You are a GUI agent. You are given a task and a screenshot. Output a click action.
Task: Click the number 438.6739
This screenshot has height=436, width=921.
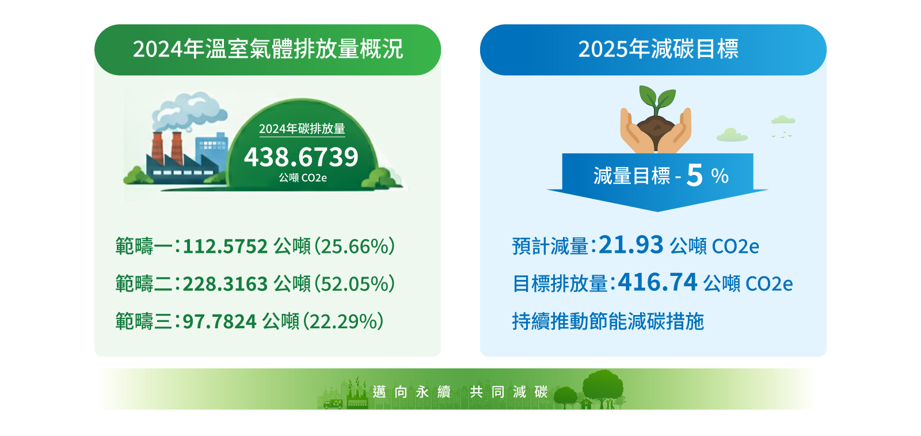[301, 157]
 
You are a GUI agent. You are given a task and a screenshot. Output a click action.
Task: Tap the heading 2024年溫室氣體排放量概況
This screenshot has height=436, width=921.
[268, 49]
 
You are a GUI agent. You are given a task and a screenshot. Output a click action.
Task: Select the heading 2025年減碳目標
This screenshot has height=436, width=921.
[659, 49]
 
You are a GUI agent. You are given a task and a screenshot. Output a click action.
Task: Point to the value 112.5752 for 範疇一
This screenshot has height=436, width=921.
[225, 247]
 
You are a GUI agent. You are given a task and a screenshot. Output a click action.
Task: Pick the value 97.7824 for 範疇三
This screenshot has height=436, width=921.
[219, 321]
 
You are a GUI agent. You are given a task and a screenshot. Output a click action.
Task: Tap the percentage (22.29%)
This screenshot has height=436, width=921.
[344, 321]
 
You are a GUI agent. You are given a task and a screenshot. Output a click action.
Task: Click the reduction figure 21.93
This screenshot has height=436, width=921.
[631, 245]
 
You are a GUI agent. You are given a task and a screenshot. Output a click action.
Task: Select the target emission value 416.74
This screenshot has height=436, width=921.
[657, 282]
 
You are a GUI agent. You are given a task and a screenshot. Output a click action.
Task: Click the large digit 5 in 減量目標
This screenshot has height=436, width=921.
[694, 175]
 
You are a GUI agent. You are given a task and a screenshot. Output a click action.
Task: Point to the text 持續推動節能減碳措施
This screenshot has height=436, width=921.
[608, 321]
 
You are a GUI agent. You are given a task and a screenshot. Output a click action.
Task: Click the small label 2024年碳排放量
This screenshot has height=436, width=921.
[302, 129]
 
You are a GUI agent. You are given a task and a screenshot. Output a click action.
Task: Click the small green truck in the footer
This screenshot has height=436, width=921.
[333, 404]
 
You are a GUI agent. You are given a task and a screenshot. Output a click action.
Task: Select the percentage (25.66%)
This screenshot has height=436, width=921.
[355, 247]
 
